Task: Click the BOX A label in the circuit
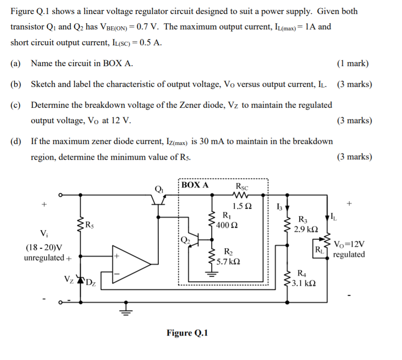click(x=195, y=185)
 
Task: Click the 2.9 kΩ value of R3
click(x=306, y=229)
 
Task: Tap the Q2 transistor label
click(x=185, y=240)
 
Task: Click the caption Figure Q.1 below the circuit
click(x=187, y=333)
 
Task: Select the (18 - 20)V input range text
click(x=44, y=248)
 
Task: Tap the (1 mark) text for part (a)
click(x=353, y=63)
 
